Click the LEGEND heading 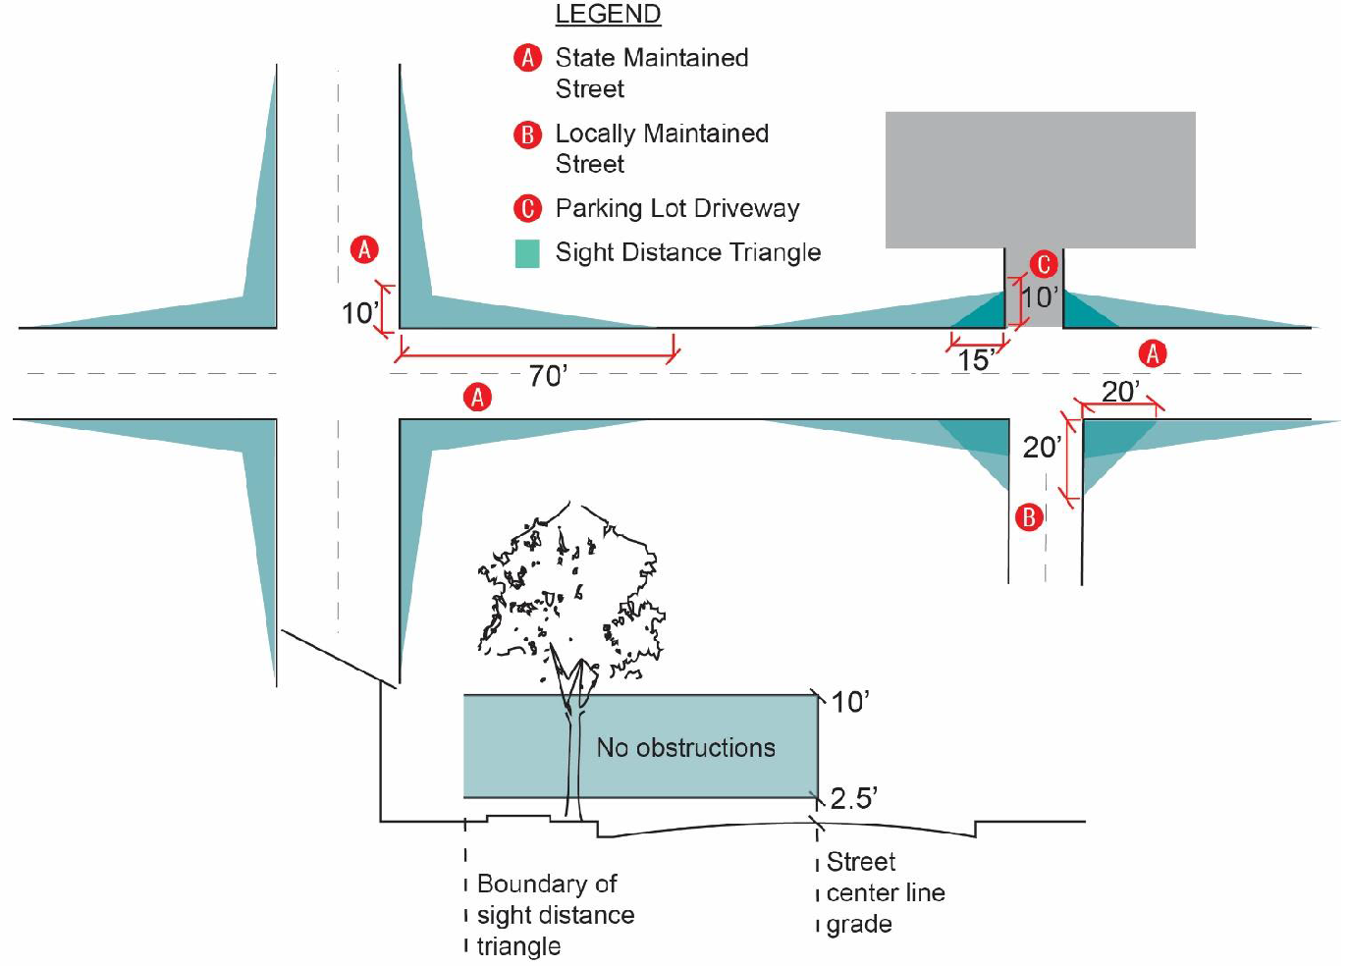click(x=608, y=15)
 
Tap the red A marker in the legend click(x=528, y=58)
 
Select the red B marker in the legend click(x=528, y=134)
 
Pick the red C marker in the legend click(x=528, y=208)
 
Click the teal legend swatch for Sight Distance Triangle click(x=528, y=253)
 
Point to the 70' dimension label click(x=548, y=376)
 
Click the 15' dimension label click(x=976, y=360)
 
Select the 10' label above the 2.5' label click(x=850, y=702)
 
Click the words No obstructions click(x=685, y=748)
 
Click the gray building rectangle click(x=1040, y=179)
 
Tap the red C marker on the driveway click(x=1043, y=264)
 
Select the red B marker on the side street click(x=1029, y=517)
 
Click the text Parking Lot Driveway click(x=677, y=208)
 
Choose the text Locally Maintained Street click(x=662, y=148)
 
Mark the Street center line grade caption click(x=884, y=892)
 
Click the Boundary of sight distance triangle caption click(x=555, y=915)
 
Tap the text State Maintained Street click(x=651, y=73)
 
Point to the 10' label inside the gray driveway click(x=1039, y=296)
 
